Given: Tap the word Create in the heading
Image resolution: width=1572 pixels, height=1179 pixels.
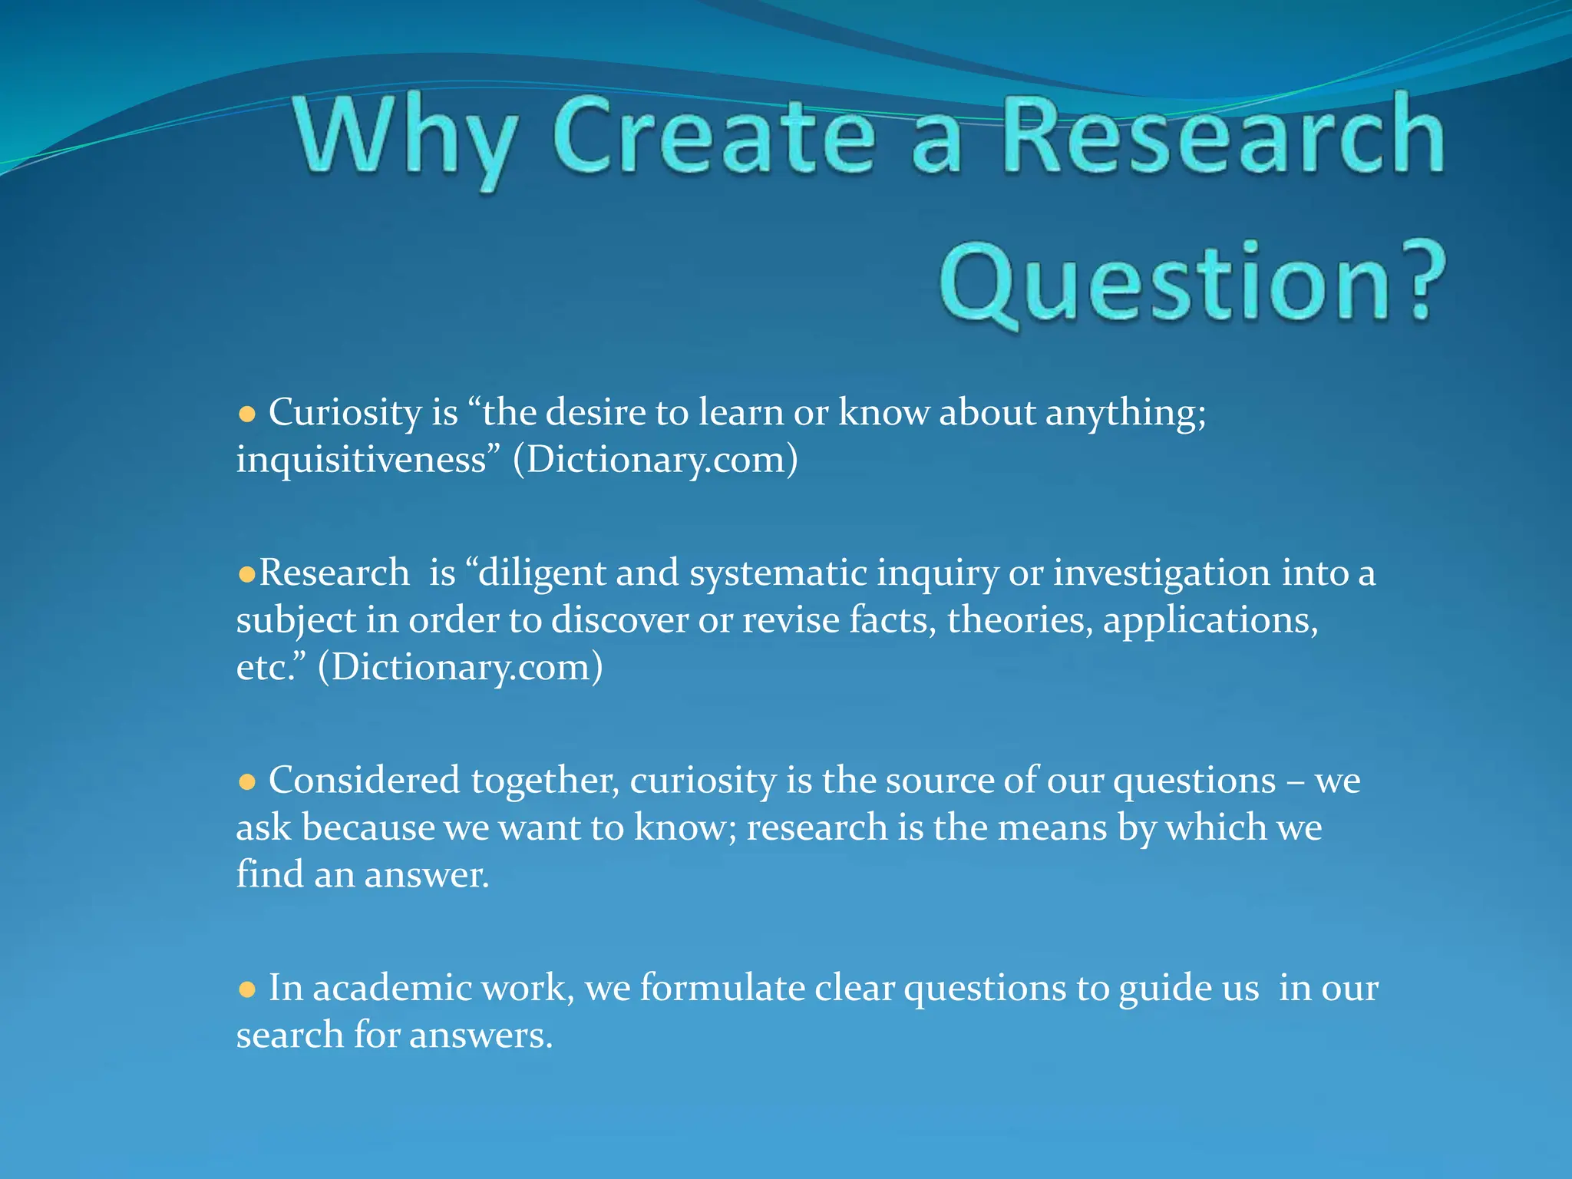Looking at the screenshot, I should point(714,137).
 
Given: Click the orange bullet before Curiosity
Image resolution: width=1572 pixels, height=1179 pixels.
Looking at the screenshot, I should point(246,415).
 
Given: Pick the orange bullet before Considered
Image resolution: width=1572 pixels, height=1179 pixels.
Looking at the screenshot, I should point(246,782).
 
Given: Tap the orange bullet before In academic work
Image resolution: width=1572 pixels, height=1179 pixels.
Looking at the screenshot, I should point(246,989).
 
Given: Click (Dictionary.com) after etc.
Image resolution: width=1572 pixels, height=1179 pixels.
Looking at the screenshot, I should point(460,667).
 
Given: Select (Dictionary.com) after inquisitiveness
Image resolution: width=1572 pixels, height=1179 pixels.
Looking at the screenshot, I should point(655,461).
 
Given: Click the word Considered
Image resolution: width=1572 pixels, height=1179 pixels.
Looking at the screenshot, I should point(364,781).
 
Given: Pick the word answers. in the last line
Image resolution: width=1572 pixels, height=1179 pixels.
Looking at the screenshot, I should point(481,1036).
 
